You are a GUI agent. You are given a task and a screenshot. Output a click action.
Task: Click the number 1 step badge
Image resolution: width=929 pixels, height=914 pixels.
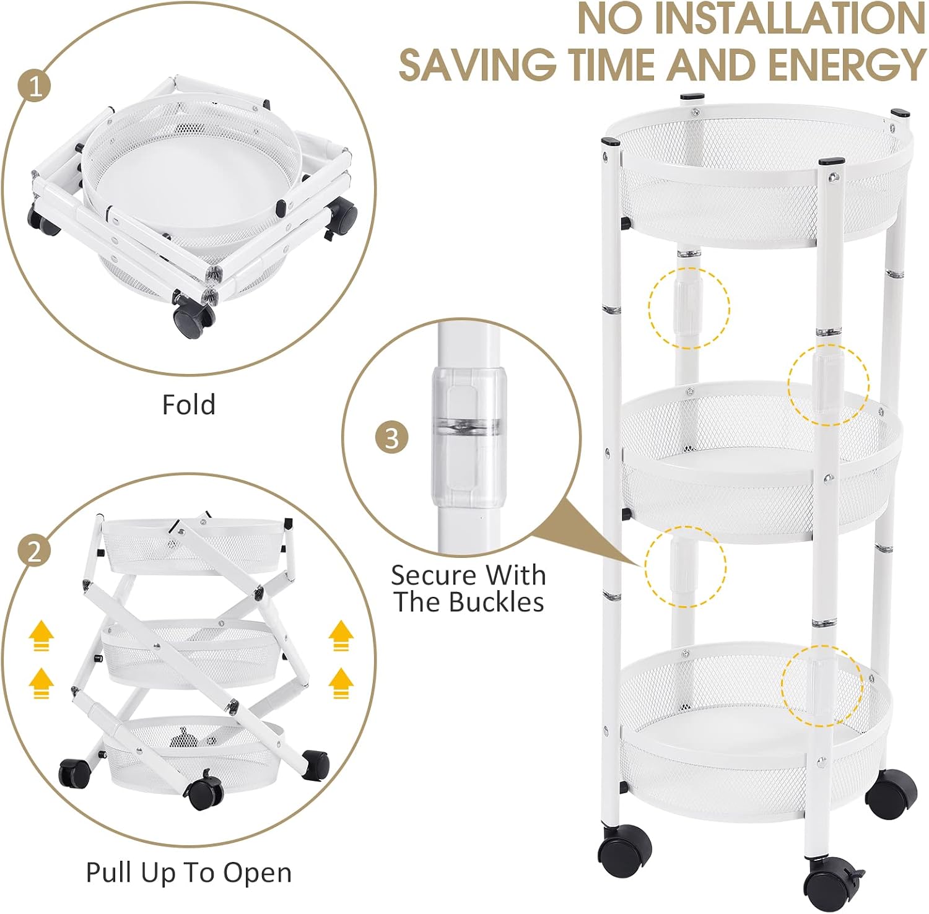(x=35, y=87)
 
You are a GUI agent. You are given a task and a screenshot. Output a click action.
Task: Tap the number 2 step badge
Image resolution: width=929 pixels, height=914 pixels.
(x=35, y=550)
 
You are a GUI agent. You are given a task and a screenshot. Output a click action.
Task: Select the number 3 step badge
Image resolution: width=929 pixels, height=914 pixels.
(x=392, y=438)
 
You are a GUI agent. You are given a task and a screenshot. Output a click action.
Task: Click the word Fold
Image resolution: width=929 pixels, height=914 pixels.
(x=189, y=404)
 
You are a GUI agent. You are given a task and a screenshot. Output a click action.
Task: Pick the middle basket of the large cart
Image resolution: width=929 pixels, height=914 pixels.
(x=761, y=461)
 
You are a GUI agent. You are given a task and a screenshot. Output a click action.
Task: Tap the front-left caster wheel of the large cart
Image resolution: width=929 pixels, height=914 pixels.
(x=624, y=846)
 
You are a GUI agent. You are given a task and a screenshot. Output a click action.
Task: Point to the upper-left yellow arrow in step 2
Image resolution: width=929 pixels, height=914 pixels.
(x=41, y=637)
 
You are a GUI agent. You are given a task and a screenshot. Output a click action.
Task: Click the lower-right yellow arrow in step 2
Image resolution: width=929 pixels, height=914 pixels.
(x=340, y=683)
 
